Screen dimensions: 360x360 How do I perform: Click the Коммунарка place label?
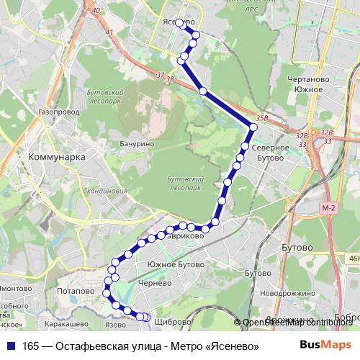55,156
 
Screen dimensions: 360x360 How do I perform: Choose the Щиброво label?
171,321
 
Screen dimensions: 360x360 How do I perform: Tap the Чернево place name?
156,284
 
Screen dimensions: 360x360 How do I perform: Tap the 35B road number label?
261,117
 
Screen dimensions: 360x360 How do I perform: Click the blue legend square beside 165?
9,346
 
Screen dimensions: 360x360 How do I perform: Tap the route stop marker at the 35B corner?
253,128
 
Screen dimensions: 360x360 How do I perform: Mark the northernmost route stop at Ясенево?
179,22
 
